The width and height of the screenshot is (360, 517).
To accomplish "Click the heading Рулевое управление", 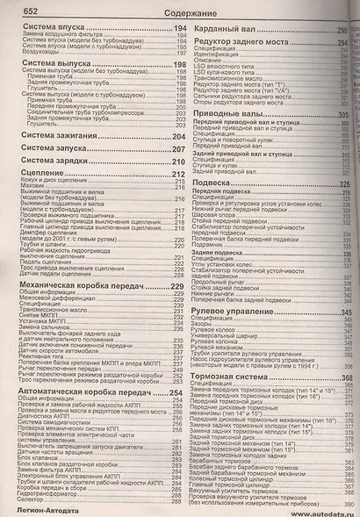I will (239, 289).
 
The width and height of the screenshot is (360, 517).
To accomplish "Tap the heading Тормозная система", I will (235, 354).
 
